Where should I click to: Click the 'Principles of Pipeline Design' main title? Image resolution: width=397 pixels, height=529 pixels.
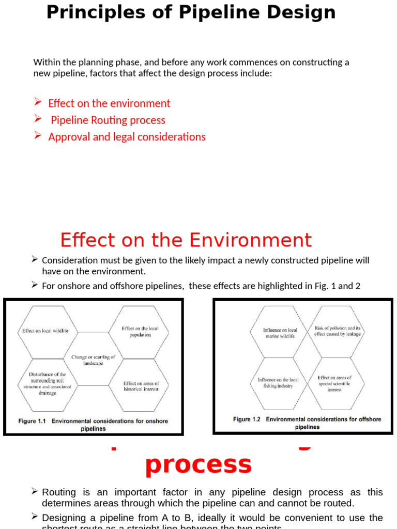[191, 12]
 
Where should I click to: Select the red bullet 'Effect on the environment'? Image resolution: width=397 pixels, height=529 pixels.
[109, 103]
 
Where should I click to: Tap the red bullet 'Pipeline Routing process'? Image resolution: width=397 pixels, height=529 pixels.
[108, 120]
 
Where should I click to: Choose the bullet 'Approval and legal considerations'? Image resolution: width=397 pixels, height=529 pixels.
[127, 137]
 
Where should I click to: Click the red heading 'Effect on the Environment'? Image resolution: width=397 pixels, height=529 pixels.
[186, 240]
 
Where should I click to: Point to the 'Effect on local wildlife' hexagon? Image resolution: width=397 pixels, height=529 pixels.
[45, 331]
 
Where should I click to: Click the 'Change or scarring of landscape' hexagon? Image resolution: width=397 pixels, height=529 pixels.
[93, 360]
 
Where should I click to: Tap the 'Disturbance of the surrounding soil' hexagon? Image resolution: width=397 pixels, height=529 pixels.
[47, 383]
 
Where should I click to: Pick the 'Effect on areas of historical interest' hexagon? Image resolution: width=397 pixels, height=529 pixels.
[141, 386]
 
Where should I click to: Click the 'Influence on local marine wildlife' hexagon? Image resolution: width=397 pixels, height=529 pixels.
[280, 333]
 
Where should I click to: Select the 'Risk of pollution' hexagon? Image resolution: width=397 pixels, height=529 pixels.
[338, 331]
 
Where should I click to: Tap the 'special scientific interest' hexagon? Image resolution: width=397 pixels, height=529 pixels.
[334, 383]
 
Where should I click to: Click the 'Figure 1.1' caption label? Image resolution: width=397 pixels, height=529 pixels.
[32, 421]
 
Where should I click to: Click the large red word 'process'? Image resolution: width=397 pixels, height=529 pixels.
[198, 464]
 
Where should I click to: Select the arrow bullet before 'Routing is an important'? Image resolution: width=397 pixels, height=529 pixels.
[35, 491]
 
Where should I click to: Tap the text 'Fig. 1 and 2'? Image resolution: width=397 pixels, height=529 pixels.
[334, 286]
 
